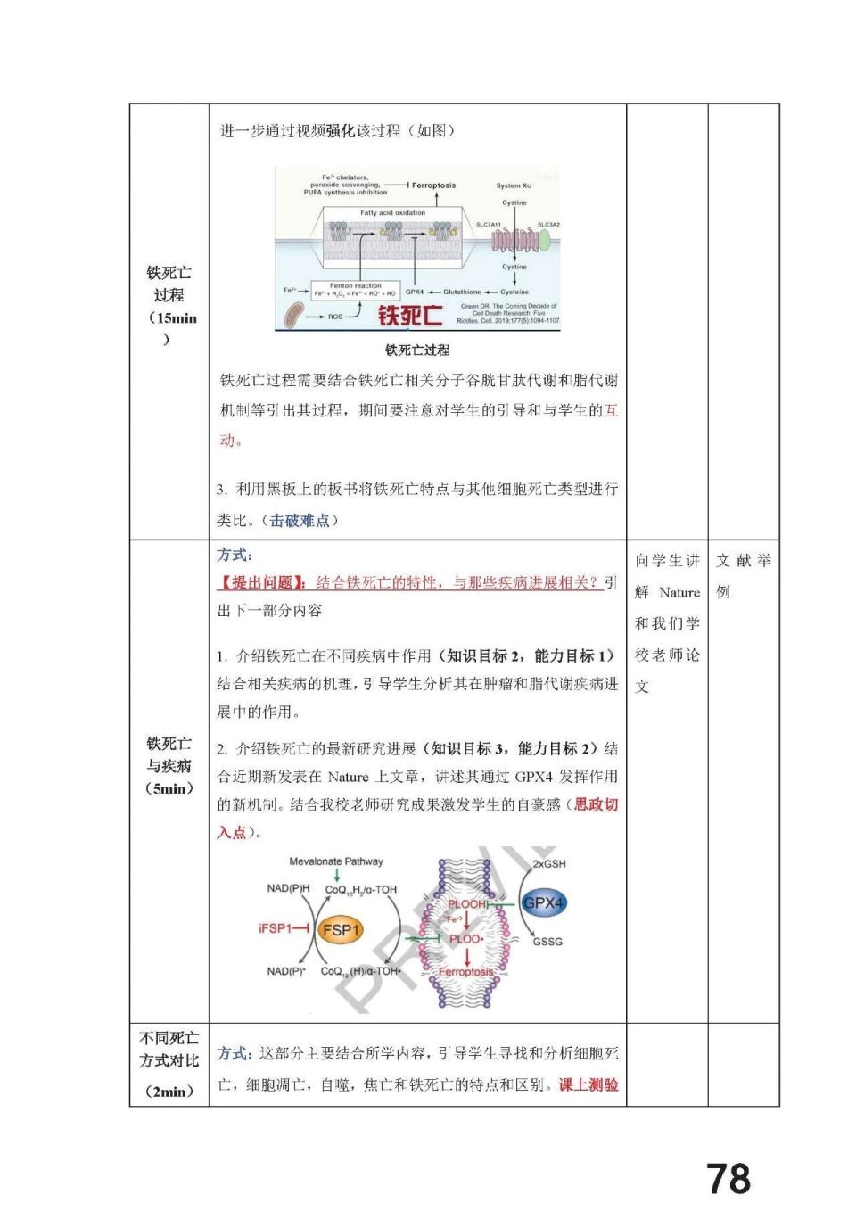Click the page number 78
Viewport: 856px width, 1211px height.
coord(728,1178)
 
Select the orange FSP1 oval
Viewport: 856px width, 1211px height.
coord(341,930)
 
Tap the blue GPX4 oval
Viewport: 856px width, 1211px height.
coord(543,903)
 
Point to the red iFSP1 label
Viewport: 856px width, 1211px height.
coord(276,928)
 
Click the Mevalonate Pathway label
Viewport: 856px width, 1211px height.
coord(336,861)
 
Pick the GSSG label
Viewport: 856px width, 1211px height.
coord(547,942)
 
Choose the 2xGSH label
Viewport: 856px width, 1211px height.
coord(549,864)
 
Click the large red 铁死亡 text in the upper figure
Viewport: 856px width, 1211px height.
coord(410,316)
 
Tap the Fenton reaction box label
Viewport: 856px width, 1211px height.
coord(355,286)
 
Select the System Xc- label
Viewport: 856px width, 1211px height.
coord(514,185)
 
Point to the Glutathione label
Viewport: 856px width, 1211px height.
coord(462,292)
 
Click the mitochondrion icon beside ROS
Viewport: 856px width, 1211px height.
coord(293,315)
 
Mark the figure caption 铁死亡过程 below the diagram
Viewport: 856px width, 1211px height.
coord(417,350)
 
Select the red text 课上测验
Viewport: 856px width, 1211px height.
coord(588,1085)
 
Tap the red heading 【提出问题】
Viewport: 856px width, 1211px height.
coord(262,583)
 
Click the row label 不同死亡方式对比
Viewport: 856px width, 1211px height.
coord(169,1050)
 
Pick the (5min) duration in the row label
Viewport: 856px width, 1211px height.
coord(169,788)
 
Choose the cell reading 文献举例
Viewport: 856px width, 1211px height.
coord(743,575)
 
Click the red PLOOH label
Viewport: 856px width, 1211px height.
coord(467,904)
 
